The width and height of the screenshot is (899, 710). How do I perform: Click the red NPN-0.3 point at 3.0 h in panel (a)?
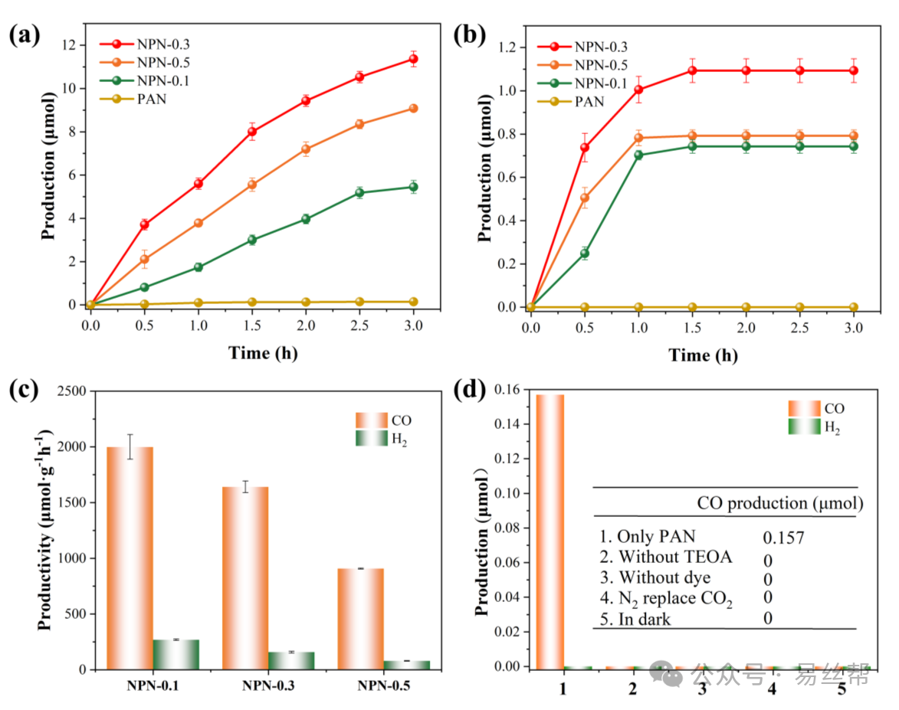tap(415, 59)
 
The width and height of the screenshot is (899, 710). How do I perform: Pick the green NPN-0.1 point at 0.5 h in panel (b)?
tap(585, 254)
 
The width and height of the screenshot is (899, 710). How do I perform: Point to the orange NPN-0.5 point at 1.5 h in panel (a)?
tap(252, 185)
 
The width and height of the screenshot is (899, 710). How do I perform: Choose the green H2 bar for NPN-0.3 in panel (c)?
tap(291, 660)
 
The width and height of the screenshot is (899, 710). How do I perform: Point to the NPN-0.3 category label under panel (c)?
tap(268, 686)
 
